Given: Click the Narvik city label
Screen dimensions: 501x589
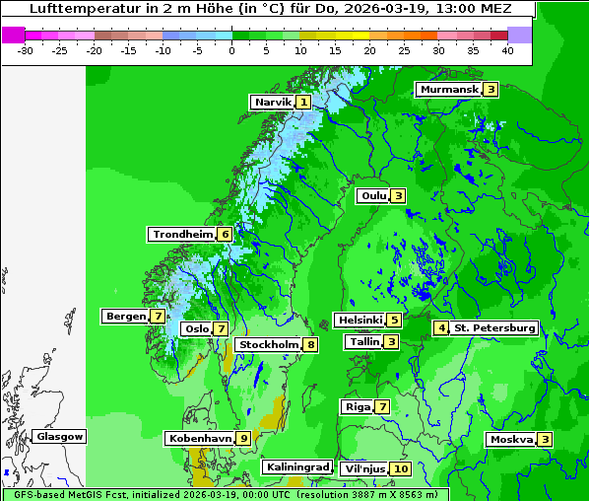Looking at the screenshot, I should click(273, 102).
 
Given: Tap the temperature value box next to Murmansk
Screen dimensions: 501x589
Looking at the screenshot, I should click(491, 90).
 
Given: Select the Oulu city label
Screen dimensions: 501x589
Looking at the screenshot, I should click(373, 195).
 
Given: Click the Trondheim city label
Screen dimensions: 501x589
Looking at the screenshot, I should click(182, 235).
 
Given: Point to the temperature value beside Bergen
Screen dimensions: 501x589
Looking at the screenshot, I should click(158, 317).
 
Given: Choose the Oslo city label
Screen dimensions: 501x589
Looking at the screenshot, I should click(197, 329).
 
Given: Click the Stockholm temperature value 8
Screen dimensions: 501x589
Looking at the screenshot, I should click(310, 344).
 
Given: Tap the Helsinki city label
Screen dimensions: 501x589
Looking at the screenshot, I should click(359, 320).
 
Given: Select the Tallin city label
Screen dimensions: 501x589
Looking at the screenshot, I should click(364, 342).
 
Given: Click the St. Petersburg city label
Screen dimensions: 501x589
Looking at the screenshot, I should click(493, 327).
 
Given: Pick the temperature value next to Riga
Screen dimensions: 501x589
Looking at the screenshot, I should click(382, 406).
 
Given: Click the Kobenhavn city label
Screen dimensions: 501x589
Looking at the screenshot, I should click(200, 438).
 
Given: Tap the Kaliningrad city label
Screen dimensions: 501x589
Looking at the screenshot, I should click(296, 466).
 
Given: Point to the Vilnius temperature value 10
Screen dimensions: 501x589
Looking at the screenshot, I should click(400, 468).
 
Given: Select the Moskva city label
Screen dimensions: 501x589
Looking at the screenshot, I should click(511, 439).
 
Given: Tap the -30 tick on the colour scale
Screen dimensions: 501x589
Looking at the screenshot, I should click(26, 49).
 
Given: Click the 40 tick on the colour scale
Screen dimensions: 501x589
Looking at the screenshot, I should click(507, 49).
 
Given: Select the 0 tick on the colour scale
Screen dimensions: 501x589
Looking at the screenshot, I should click(231, 49).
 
